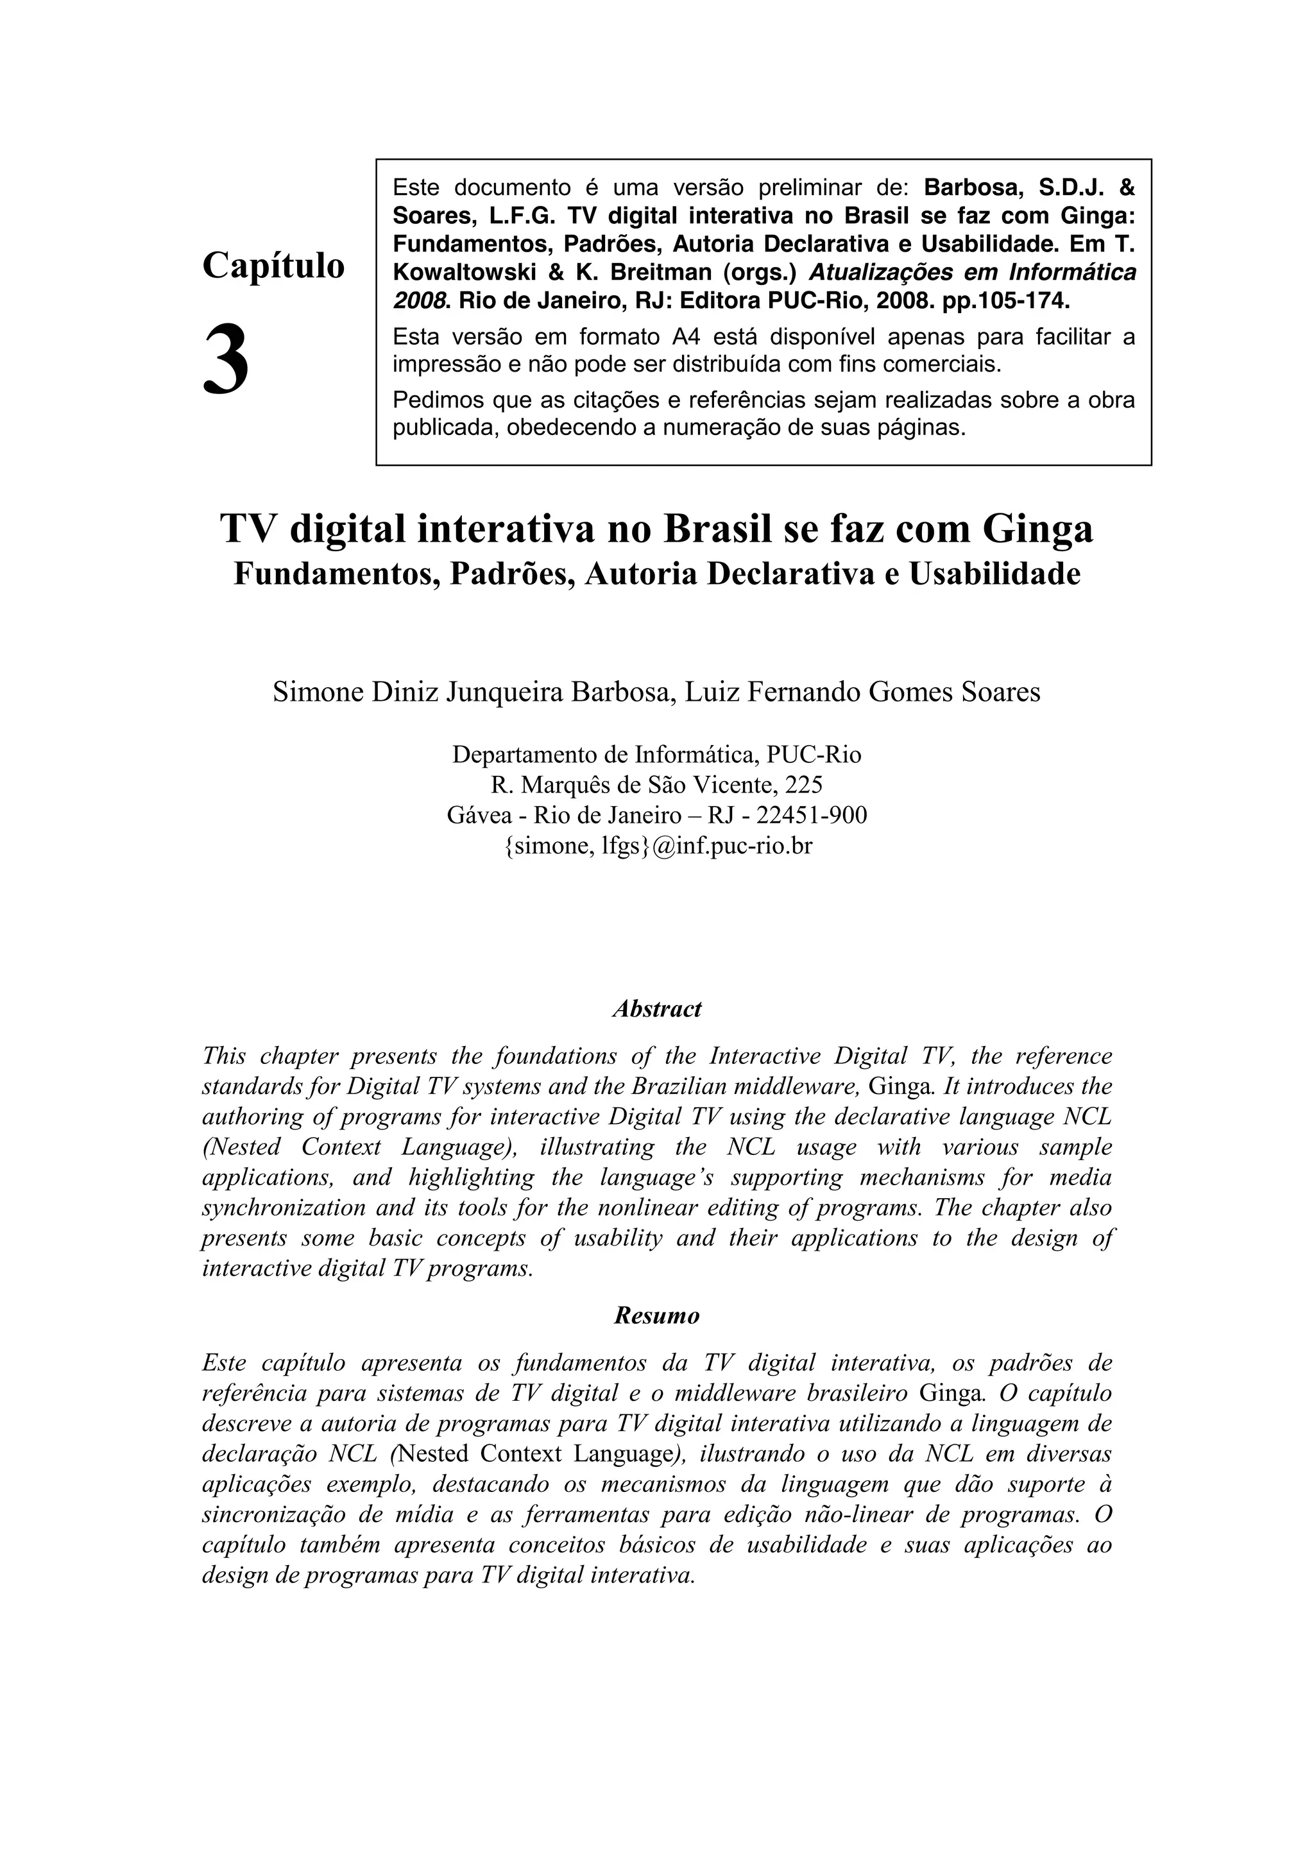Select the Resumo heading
pyautogui.click(x=656, y=1315)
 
